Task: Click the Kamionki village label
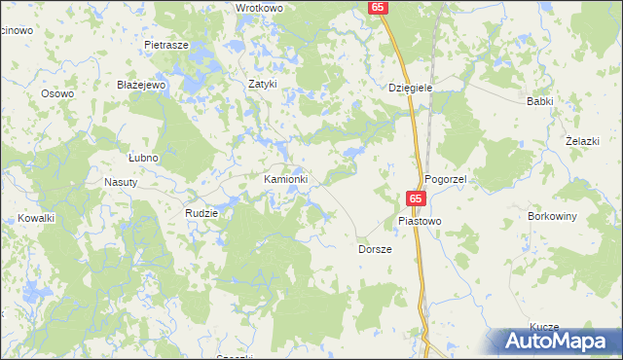tap(286, 180)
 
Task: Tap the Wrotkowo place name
tap(259, 8)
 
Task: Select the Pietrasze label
tap(165, 46)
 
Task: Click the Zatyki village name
tap(263, 84)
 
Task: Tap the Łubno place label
tap(143, 157)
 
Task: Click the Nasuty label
tap(123, 182)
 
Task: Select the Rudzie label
tap(202, 212)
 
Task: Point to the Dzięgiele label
tap(410, 88)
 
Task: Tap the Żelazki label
tap(581, 141)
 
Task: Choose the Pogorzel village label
tap(447, 181)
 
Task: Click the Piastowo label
tap(420, 221)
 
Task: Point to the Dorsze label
tap(374, 249)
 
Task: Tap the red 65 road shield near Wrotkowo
tap(379, 7)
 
